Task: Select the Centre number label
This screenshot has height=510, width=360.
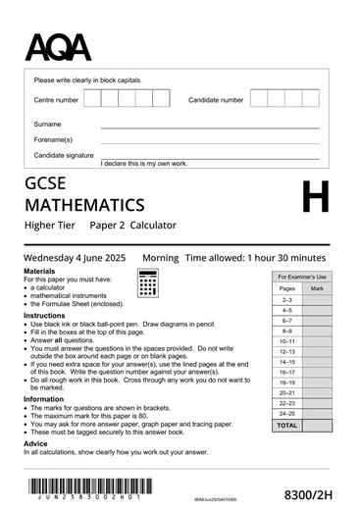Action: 56,100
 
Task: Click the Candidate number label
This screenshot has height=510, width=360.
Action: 216,100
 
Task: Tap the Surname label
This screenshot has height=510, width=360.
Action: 47,125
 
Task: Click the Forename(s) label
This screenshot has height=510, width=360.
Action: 53,139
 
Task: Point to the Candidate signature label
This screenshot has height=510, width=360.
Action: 64,155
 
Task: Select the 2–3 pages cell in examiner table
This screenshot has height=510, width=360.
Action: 286,299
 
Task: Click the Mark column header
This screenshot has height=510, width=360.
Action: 317,288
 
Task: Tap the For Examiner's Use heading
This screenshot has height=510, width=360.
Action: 302,277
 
